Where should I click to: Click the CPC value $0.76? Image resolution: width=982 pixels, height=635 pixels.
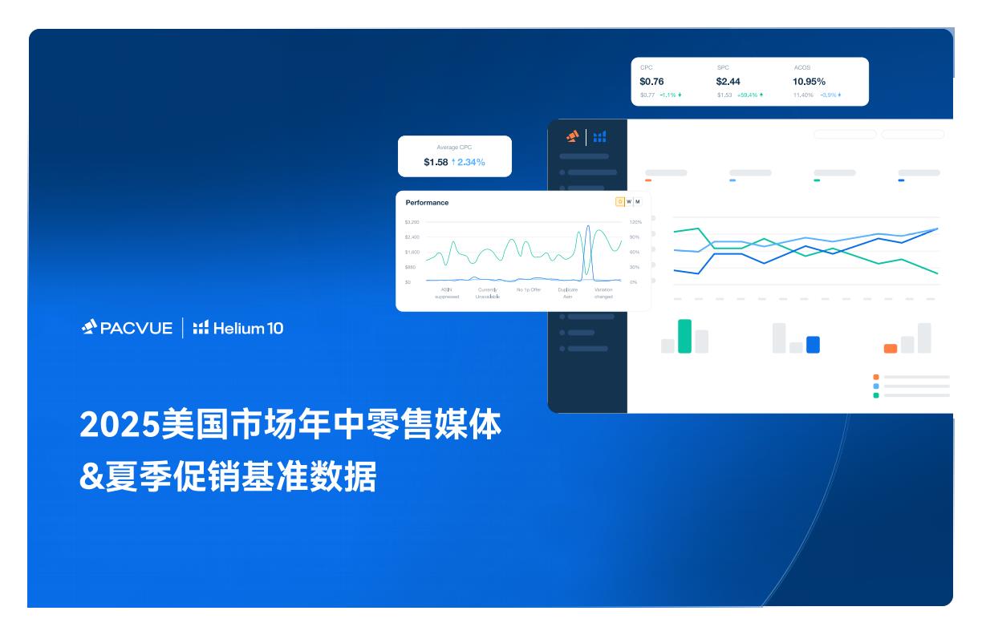click(x=651, y=82)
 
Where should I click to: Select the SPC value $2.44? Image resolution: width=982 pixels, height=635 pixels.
click(x=728, y=82)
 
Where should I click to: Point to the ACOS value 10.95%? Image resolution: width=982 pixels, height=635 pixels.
click(x=809, y=82)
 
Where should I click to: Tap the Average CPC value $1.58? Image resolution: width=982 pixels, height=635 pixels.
click(x=436, y=163)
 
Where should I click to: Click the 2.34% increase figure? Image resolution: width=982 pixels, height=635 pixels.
click(x=470, y=163)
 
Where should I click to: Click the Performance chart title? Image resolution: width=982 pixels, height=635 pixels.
click(x=427, y=203)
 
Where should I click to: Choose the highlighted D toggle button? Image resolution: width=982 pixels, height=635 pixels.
click(x=619, y=202)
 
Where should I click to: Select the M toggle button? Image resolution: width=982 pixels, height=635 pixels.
click(x=637, y=202)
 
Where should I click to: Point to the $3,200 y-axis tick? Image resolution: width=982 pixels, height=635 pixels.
click(x=412, y=222)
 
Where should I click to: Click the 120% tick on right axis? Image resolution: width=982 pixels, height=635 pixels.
click(x=635, y=222)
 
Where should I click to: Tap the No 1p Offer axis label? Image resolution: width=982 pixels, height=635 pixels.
click(x=529, y=289)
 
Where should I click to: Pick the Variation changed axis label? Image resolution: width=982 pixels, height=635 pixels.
click(x=603, y=293)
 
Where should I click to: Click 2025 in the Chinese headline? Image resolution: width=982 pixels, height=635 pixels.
click(x=120, y=425)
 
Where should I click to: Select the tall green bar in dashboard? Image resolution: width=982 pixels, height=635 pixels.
click(x=684, y=336)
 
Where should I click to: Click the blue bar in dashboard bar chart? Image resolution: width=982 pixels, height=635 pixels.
click(x=813, y=345)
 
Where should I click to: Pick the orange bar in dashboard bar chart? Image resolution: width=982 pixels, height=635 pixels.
click(x=890, y=349)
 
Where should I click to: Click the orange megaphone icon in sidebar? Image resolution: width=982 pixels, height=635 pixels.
click(x=572, y=136)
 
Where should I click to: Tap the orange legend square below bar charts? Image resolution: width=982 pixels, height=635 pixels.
click(x=876, y=377)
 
